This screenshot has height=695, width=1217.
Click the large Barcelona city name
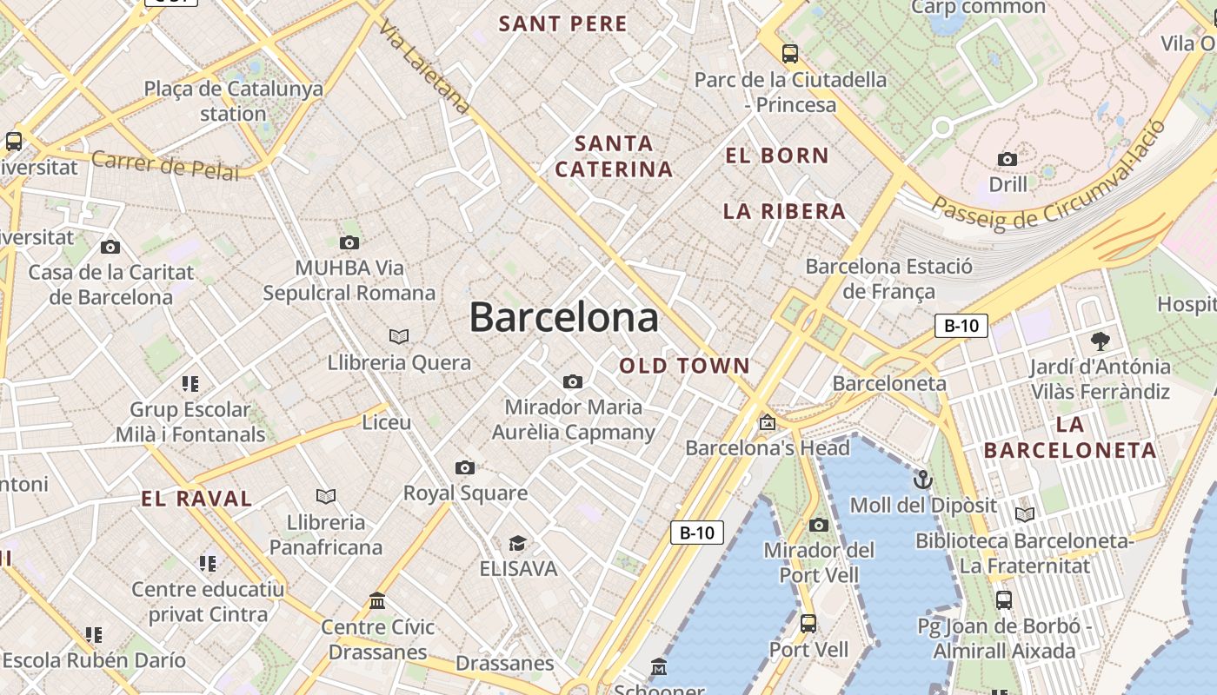[563, 318]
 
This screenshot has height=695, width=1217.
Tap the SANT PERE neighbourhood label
[562, 24]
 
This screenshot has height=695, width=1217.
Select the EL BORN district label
[777, 156]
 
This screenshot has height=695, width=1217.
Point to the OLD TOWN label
[684, 366]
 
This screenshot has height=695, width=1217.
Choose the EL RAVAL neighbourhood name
[196, 499]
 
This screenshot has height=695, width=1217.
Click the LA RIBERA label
[784, 211]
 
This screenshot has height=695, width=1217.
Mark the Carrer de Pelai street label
[164, 165]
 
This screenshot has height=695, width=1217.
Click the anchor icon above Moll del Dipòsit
[922, 480]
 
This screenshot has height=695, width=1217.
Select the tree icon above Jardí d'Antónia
[1100, 341]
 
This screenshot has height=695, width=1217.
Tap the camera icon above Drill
[1008, 159]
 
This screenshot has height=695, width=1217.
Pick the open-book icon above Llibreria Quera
[399, 336]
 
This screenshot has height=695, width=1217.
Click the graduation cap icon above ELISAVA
[517, 543]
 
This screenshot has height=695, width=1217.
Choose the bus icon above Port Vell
[808, 623]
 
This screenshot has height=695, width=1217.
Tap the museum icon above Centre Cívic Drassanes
[377, 600]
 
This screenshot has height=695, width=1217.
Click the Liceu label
[386, 422]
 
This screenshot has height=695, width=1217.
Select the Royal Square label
[465, 493]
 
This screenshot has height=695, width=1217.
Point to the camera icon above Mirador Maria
[572, 381]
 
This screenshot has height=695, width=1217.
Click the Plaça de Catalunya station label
[233, 101]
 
